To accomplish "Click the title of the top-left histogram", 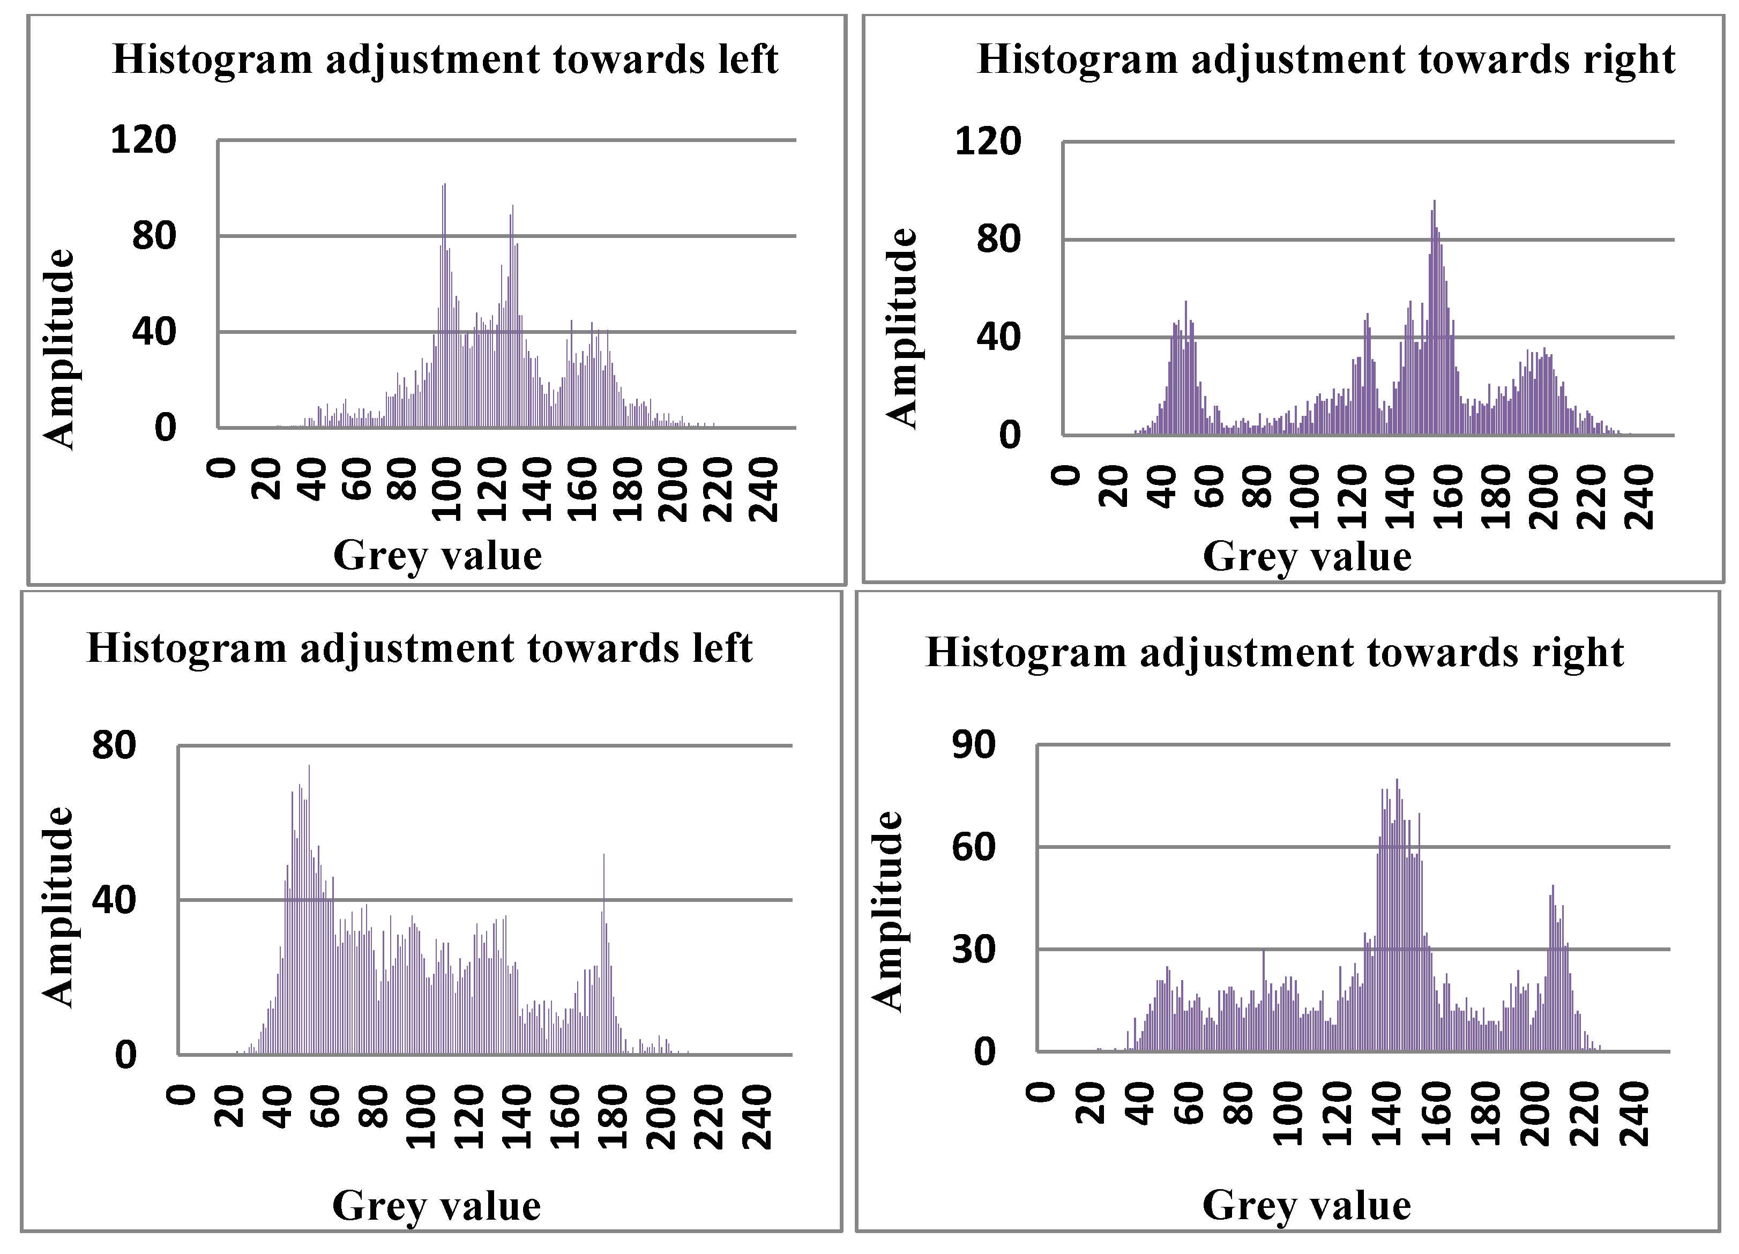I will point(445,60).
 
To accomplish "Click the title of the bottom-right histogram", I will point(1274,653).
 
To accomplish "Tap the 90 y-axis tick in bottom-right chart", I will point(973,745).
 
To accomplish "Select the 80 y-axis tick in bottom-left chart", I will point(114,745).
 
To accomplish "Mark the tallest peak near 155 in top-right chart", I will point(1434,203).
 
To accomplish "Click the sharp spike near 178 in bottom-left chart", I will point(604,857).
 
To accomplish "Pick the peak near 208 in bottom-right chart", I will point(1553,887).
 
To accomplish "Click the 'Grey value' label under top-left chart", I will point(437,555).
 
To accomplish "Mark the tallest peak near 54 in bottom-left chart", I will point(309,767).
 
